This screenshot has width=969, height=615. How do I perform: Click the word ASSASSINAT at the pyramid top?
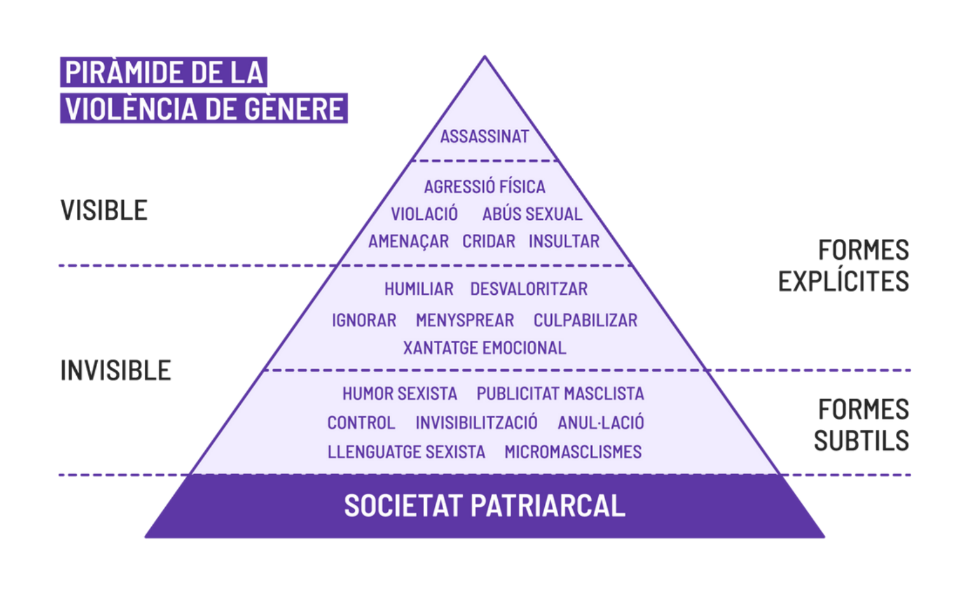coord(484,137)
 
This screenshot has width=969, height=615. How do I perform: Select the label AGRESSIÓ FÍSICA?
coord(484,187)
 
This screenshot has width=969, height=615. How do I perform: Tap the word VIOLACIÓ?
coord(424,214)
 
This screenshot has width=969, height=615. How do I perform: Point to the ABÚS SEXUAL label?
coord(532,214)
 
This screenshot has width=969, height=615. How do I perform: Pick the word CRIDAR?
coord(489,241)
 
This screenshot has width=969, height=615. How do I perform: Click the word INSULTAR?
coord(564,241)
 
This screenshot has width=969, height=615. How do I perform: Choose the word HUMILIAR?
coord(419,289)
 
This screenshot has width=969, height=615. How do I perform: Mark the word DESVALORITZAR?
coord(529,289)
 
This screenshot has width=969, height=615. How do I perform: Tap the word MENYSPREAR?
coord(465,320)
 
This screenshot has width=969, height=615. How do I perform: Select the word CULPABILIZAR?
coord(585,320)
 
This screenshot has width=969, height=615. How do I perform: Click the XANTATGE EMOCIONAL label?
coord(484,348)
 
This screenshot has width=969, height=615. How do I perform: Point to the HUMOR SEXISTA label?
coord(399,394)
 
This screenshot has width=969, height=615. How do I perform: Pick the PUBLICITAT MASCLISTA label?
coord(560,394)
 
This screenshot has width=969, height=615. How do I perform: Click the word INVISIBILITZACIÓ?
coord(476,422)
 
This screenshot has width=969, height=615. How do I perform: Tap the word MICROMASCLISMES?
coord(573,452)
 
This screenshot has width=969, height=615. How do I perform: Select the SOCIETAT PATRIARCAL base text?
coord(484,506)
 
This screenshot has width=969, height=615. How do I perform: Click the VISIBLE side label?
coord(104,210)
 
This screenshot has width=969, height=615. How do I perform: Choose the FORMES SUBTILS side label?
coord(862,425)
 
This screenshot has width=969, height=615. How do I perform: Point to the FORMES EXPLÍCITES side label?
coord(844,266)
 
